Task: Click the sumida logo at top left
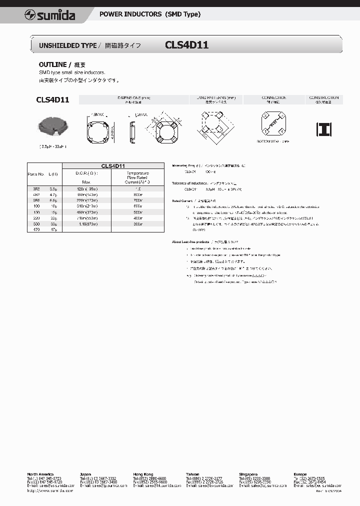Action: point(50,15)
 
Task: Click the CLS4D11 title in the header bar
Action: point(186,45)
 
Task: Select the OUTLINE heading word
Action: point(52,65)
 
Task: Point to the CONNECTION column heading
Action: point(273,98)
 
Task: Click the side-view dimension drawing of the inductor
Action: point(131,130)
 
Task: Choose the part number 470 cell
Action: point(36,229)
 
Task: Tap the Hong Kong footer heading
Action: point(143,474)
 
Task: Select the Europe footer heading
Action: point(301,474)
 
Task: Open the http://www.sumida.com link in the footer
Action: point(50,490)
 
